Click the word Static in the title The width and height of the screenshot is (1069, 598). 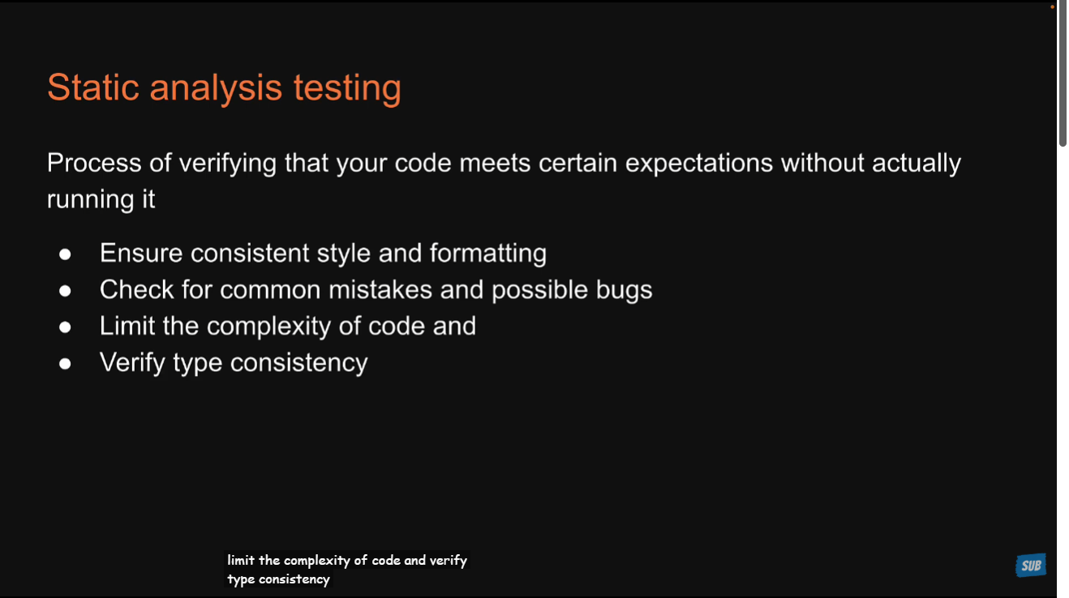[x=93, y=88]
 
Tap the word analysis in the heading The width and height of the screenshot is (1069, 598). [x=217, y=88]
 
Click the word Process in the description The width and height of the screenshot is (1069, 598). [x=94, y=163]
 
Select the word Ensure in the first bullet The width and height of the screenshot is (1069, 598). [x=141, y=254]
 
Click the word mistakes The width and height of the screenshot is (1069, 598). [x=380, y=290]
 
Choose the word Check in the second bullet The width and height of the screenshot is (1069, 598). [x=136, y=290]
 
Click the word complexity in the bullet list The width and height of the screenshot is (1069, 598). [x=268, y=327]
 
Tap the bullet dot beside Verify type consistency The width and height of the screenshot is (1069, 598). [x=65, y=364]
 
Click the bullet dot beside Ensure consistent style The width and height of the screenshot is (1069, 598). [x=65, y=254]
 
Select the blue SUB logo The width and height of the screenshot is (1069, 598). [x=1031, y=566]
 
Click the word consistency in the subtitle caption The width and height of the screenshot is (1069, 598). [x=294, y=579]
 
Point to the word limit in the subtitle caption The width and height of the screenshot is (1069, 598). [x=241, y=560]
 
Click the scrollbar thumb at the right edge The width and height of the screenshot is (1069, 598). [x=1063, y=74]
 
